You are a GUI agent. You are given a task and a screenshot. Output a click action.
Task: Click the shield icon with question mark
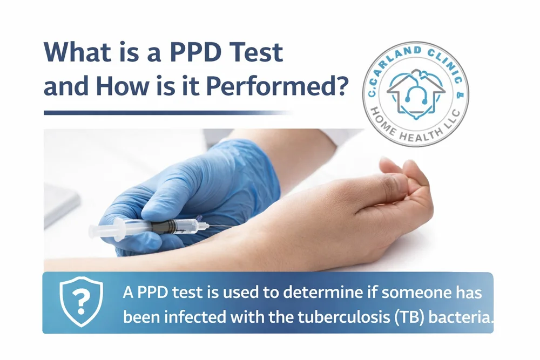pyautogui.click(x=81, y=302)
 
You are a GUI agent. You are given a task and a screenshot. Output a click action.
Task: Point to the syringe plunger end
pyautogui.click(x=92, y=231)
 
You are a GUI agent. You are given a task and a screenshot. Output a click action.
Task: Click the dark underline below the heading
pyautogui.click(x=162, y=112)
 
